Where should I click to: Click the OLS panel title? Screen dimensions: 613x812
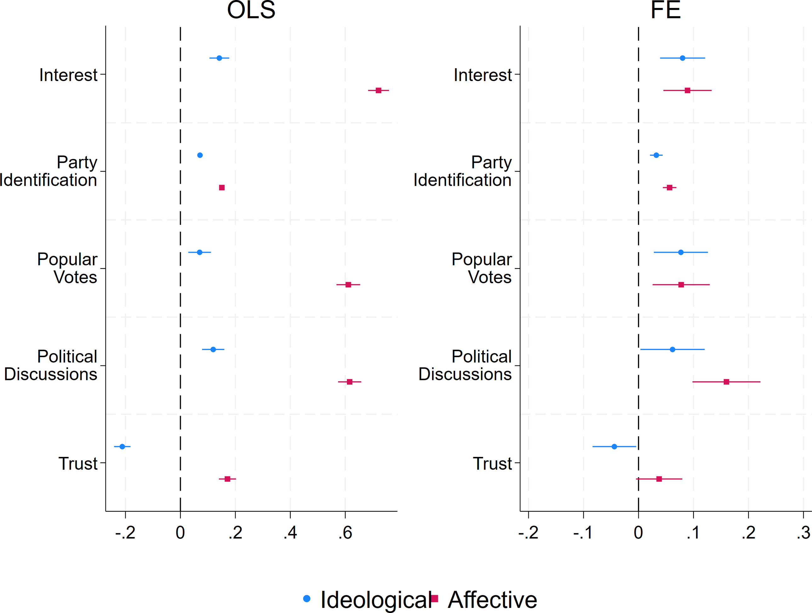pyautogui.click(x=251, y=10)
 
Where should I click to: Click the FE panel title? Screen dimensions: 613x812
pyautogui.click(x=666, y=10)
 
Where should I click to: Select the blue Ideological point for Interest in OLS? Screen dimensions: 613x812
pyautogui.click(x=219, y=58)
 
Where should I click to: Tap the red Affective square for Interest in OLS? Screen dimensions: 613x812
pyautogui.click(x=379, y=90)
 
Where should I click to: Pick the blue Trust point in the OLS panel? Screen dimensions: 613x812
pyautogui.click(x=122, y=447)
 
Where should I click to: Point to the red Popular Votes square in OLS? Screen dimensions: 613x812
pyautogui.click(x=348, y=285)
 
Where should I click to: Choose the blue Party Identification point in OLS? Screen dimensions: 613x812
pyautogui.click(x=200, y=155)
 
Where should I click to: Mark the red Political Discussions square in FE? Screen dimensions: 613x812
pyautogui.click(x=726, y=382)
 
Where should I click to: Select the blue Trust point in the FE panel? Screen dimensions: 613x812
pyautogui.click(x=615, y=447)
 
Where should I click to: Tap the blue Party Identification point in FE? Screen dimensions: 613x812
pyautogui.click(x=656, y=155)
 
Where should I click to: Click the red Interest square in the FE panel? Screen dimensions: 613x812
pyautogui.click(x=688, y=90)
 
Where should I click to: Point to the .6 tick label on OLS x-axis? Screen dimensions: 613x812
pyautogui.click(x=345, y=533)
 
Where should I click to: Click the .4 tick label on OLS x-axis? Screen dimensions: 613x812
pyautogui.click(x=290, y=533)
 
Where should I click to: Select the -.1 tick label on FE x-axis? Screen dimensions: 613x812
pyautogui.click(x=583, y=533)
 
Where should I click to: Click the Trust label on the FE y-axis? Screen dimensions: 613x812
pyautogui.click(x=492, y=464)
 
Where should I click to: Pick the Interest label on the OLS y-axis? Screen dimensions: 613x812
pyautogui.click(x=68, y=75)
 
